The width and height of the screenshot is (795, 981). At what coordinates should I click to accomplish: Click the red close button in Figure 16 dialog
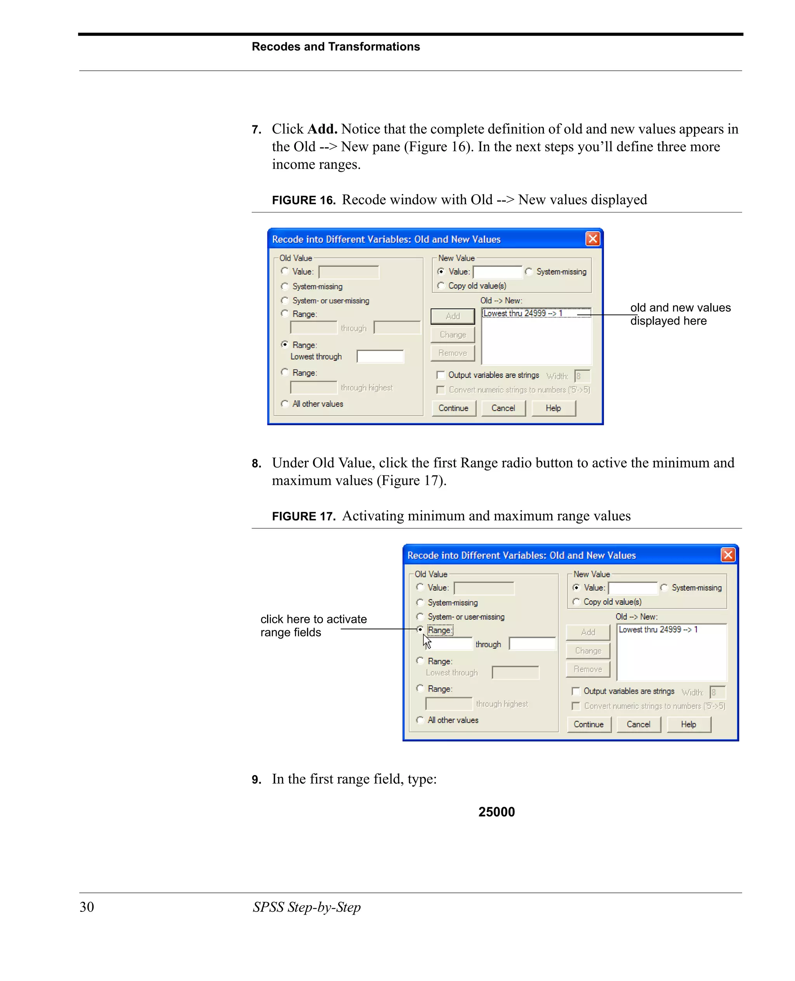pyautogui.click(x=593, y=239)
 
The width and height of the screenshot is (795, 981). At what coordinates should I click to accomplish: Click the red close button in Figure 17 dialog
pyautogui.click(x=728, y=555)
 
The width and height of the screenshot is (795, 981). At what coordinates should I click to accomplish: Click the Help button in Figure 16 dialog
pyautogui.click(x=553, y=408)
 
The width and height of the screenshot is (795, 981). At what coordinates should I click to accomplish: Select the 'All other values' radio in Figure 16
pyautogui.click(x=285, y=404)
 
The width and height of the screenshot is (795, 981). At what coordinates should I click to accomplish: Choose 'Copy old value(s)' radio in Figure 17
pyautogui.click(x=576, y=602)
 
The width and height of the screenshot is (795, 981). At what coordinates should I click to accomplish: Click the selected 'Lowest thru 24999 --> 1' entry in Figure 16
pyautogui.click(x=522, y=313)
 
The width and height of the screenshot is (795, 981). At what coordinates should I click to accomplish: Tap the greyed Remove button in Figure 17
pyautogui.click(x=588, y=670)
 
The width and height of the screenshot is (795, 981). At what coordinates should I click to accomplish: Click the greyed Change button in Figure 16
pyautogui.click(x=453, y=335)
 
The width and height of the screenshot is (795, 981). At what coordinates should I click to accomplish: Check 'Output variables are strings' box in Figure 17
pyautogui.click(x=576, y=691)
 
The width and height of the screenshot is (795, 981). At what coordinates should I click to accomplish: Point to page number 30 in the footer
pyautogui.click(x=87, y=907)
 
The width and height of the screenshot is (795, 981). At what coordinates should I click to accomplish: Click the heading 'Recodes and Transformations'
pyautogui.click(x=336, y=47)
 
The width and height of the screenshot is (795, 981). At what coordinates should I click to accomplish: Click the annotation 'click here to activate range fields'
pyautogui.click(x=313, y=625)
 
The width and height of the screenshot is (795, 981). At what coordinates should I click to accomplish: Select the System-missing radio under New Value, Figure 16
pyautogui.click(x=529, y=272)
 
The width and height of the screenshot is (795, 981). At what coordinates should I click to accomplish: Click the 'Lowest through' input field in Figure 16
pyautogui.click(x=380, y=357)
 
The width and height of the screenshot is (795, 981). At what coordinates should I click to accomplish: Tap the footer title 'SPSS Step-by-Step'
pyautogui.click(x=306, y=907)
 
